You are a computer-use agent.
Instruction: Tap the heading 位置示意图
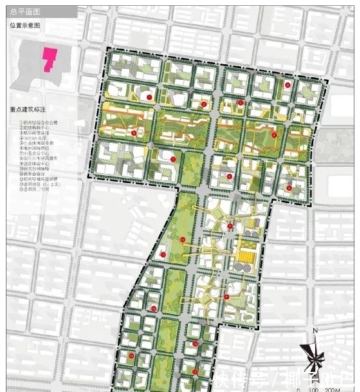[x=25, y=25]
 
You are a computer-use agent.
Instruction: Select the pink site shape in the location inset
[x=48, y=59]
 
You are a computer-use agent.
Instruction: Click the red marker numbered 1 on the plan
[x=149, y=97]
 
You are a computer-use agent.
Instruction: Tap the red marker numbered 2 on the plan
[x=203, y=104]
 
